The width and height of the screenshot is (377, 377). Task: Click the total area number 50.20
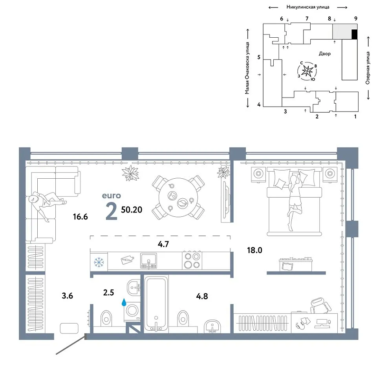tap(132, 210)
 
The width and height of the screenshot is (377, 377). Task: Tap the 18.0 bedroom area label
tap(254, 250)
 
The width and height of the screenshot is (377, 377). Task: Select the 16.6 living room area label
tap(80, 217)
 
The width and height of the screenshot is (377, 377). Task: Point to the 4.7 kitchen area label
tap(163, 244)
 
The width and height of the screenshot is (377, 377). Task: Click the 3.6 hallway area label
tap(67, 296)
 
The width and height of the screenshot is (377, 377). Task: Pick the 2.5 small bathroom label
tap(108, 293)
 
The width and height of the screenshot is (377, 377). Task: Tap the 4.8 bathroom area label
tap(202, 296)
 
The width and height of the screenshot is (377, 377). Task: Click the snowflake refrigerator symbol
tap(99, 262)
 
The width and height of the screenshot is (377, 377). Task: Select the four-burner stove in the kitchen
tap(192, 260)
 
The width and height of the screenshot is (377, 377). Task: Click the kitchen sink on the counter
tap(148, 261)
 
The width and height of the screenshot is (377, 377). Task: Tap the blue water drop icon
tap(124, 302)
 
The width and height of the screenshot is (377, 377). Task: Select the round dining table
tap(178, 198)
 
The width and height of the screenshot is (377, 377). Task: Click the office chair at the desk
tap(321, 306)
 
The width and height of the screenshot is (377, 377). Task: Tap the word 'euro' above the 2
tap(111, 196)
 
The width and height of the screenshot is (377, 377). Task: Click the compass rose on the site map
tap(307, 71)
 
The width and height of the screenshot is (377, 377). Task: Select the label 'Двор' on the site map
tap(325, 54)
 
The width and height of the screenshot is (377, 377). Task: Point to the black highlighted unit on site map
tap(354, 35)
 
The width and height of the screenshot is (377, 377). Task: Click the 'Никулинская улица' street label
tap(308, 7)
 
